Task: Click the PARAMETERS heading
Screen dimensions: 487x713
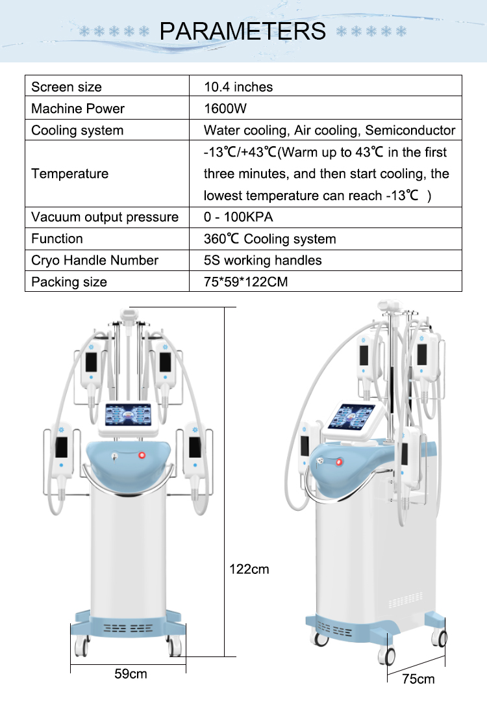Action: pyautogui.click(x=243, y=31)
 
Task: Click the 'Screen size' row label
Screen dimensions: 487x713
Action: pyautogui.click(x=66, y=87)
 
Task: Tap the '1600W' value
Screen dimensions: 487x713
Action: pyautogui.click(x=225, y=109)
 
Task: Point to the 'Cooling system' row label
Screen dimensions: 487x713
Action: pyautogui.click(x=77, y=131)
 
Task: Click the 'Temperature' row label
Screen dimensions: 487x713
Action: pyautogui.click(x=70, y=174)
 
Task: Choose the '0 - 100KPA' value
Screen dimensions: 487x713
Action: pyautogui.click(x=238, y=217)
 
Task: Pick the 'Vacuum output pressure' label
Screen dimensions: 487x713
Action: pyautogui.click(x=105, y=217)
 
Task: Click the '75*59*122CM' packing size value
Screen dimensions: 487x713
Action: pyautogui.click(x=245, y=282)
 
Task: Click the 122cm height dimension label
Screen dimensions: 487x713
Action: pyautogui.click(x=249, y=569)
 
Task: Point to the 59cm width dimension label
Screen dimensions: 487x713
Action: pyautogui.click(x=131, y=674)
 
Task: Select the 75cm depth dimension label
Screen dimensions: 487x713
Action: pyautogui.click(x=418, y=679)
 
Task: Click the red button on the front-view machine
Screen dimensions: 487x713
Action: pyautogui.click(x=142, y=455)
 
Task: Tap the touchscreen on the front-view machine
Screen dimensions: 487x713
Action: pyautogui.click(x=129, y=415)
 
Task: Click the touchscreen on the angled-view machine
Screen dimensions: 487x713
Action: pyautogui.click(x=352, y=417)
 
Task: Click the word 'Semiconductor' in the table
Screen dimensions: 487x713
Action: pyautogui.click(x=410, y=131)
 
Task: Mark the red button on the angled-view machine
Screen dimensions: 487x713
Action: pyautogui.click(x=338, y=463)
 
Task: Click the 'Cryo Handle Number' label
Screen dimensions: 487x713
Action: pyautogui.click(x=95, y=260)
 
